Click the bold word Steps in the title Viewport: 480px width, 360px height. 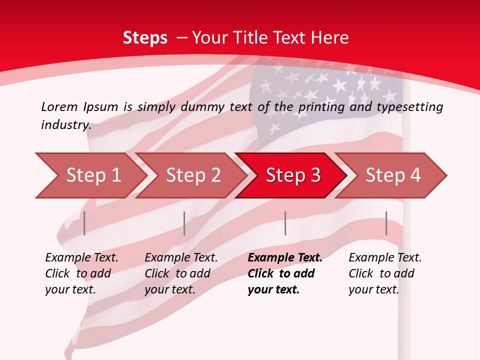[x=145, y=38]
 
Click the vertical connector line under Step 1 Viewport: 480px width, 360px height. [x=84, y=223]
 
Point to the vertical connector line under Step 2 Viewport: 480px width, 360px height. [x=184, y=223]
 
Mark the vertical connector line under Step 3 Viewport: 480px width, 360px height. [x=285, y=223]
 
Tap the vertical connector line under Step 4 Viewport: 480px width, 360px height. [x=386, y=223]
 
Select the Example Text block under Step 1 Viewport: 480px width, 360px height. [x=81, y=273]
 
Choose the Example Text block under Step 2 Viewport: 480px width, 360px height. [x=181, y=273]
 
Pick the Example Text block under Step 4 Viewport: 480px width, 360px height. [x=385, y=273]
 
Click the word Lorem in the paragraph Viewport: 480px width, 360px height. [x=59, y=106]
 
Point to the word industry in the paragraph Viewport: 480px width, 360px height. [x=66, y=125]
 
